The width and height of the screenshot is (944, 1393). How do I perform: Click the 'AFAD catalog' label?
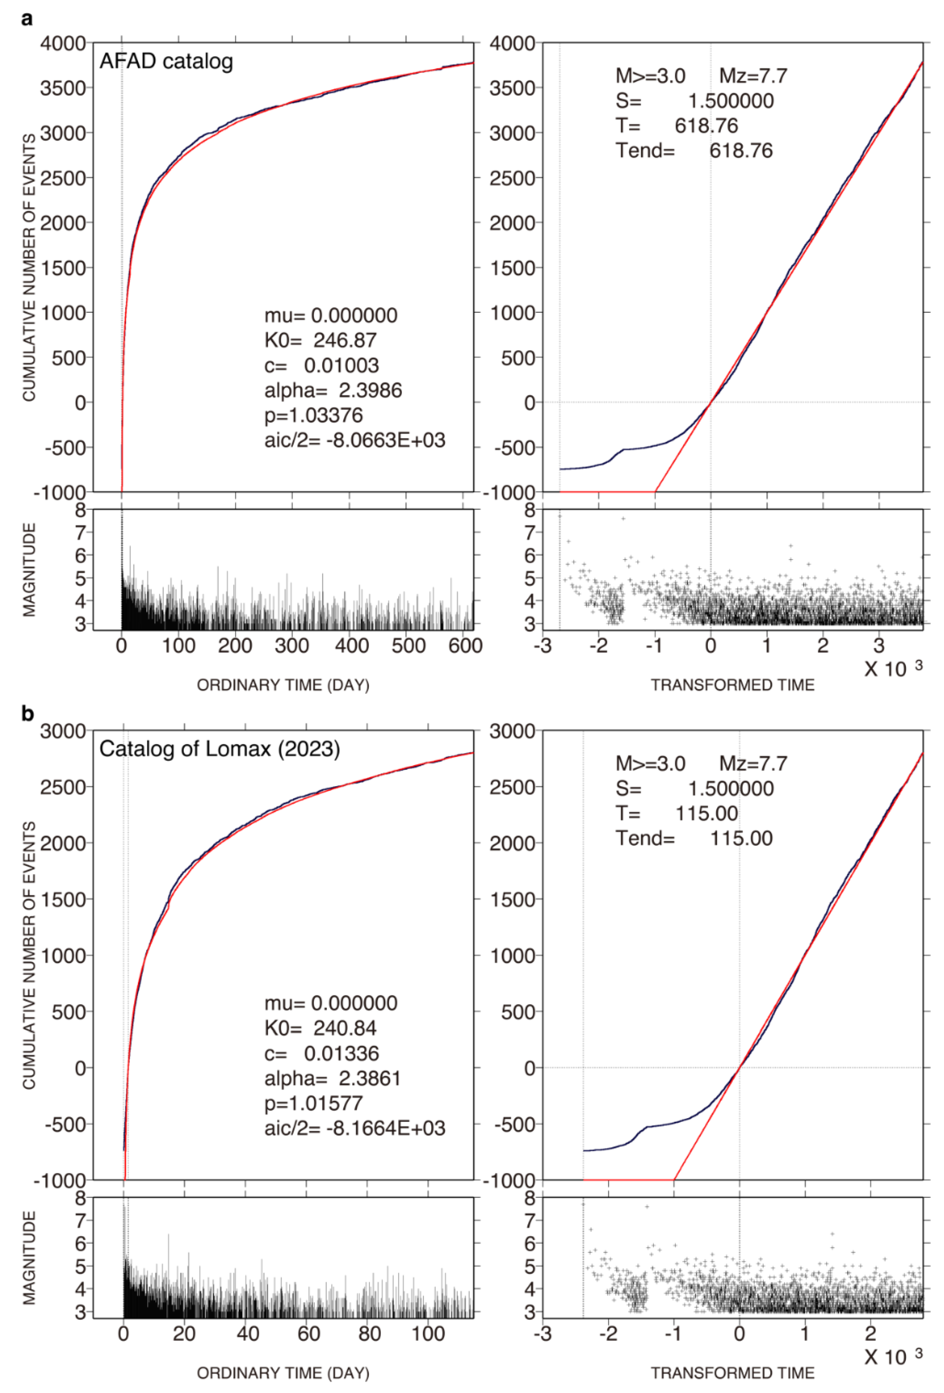coord(166,61)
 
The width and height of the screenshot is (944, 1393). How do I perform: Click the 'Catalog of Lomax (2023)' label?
coord(219,749)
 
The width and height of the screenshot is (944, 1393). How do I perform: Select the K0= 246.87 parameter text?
coord(320,340)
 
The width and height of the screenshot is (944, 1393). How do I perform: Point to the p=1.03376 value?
coord(313,415)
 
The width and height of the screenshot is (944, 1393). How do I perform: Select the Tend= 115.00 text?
coord(694,838)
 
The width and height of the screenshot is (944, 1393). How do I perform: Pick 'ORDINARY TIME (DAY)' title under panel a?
coord(283,685)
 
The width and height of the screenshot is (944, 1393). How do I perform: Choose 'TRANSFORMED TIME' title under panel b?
coord(732,1373)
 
